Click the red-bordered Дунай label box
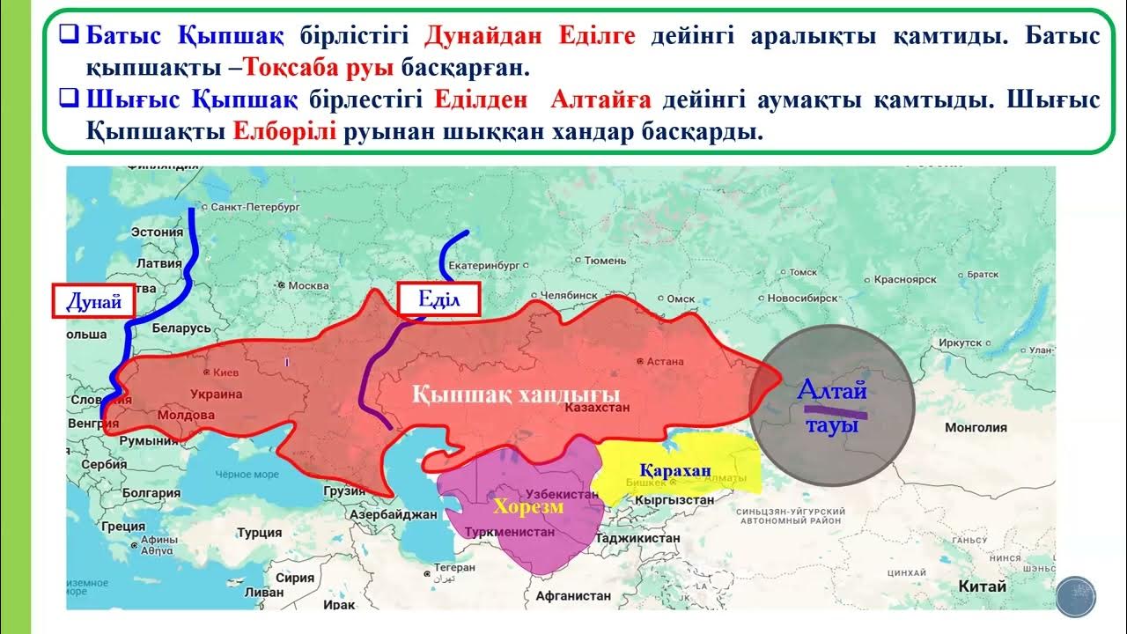click(92, 302)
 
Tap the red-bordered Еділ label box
click(438, 299)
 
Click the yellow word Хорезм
click(528, 506)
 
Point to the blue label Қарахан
click(675, 470)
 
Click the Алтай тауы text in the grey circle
click(832, 405)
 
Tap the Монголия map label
click(975, 427)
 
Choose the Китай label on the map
click(983, 586)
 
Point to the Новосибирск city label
click(801, 299)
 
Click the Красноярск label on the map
click(904, 280)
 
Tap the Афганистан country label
click(571, 595)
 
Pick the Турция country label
click(259, 533)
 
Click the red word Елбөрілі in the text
click(285, 133)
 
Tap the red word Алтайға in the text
click(600, 100)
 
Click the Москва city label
click(307, 285)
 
